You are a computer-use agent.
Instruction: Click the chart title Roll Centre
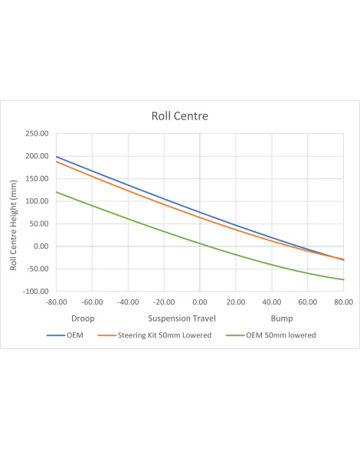[x=180, y=116]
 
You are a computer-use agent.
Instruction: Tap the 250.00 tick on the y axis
[x=37, y=133]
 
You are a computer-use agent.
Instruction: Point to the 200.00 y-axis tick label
[x=37, y=156]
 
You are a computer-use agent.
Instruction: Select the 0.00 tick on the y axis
[x=41, y=246]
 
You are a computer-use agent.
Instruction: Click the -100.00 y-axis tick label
[x=36, y=292]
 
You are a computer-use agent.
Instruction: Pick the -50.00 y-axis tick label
[x=38, y=269]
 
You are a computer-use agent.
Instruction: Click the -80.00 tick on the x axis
[x=57, y=302]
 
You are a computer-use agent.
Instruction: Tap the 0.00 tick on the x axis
[x=200, y=302]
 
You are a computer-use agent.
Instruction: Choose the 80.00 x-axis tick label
[x=344, y=302]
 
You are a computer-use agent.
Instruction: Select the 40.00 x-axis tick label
[x=272, y=302]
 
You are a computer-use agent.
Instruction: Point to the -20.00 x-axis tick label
[x=164, y=302]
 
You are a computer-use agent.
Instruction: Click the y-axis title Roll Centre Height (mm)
[x=14, y=225]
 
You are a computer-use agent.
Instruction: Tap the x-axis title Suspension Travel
[x=182, y=318]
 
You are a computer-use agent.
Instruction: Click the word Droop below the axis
[x=83, y=319]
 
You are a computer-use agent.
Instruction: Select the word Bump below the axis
[x=282, y=319]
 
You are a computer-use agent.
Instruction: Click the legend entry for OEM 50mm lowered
[x=271, y=335]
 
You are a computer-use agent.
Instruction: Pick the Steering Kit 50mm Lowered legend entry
[x=155, y=335]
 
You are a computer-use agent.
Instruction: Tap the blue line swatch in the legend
[x=56, y=335]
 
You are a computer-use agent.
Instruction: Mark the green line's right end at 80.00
[x=344, y=279]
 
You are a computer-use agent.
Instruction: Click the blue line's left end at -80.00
[x=57, y=157]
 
